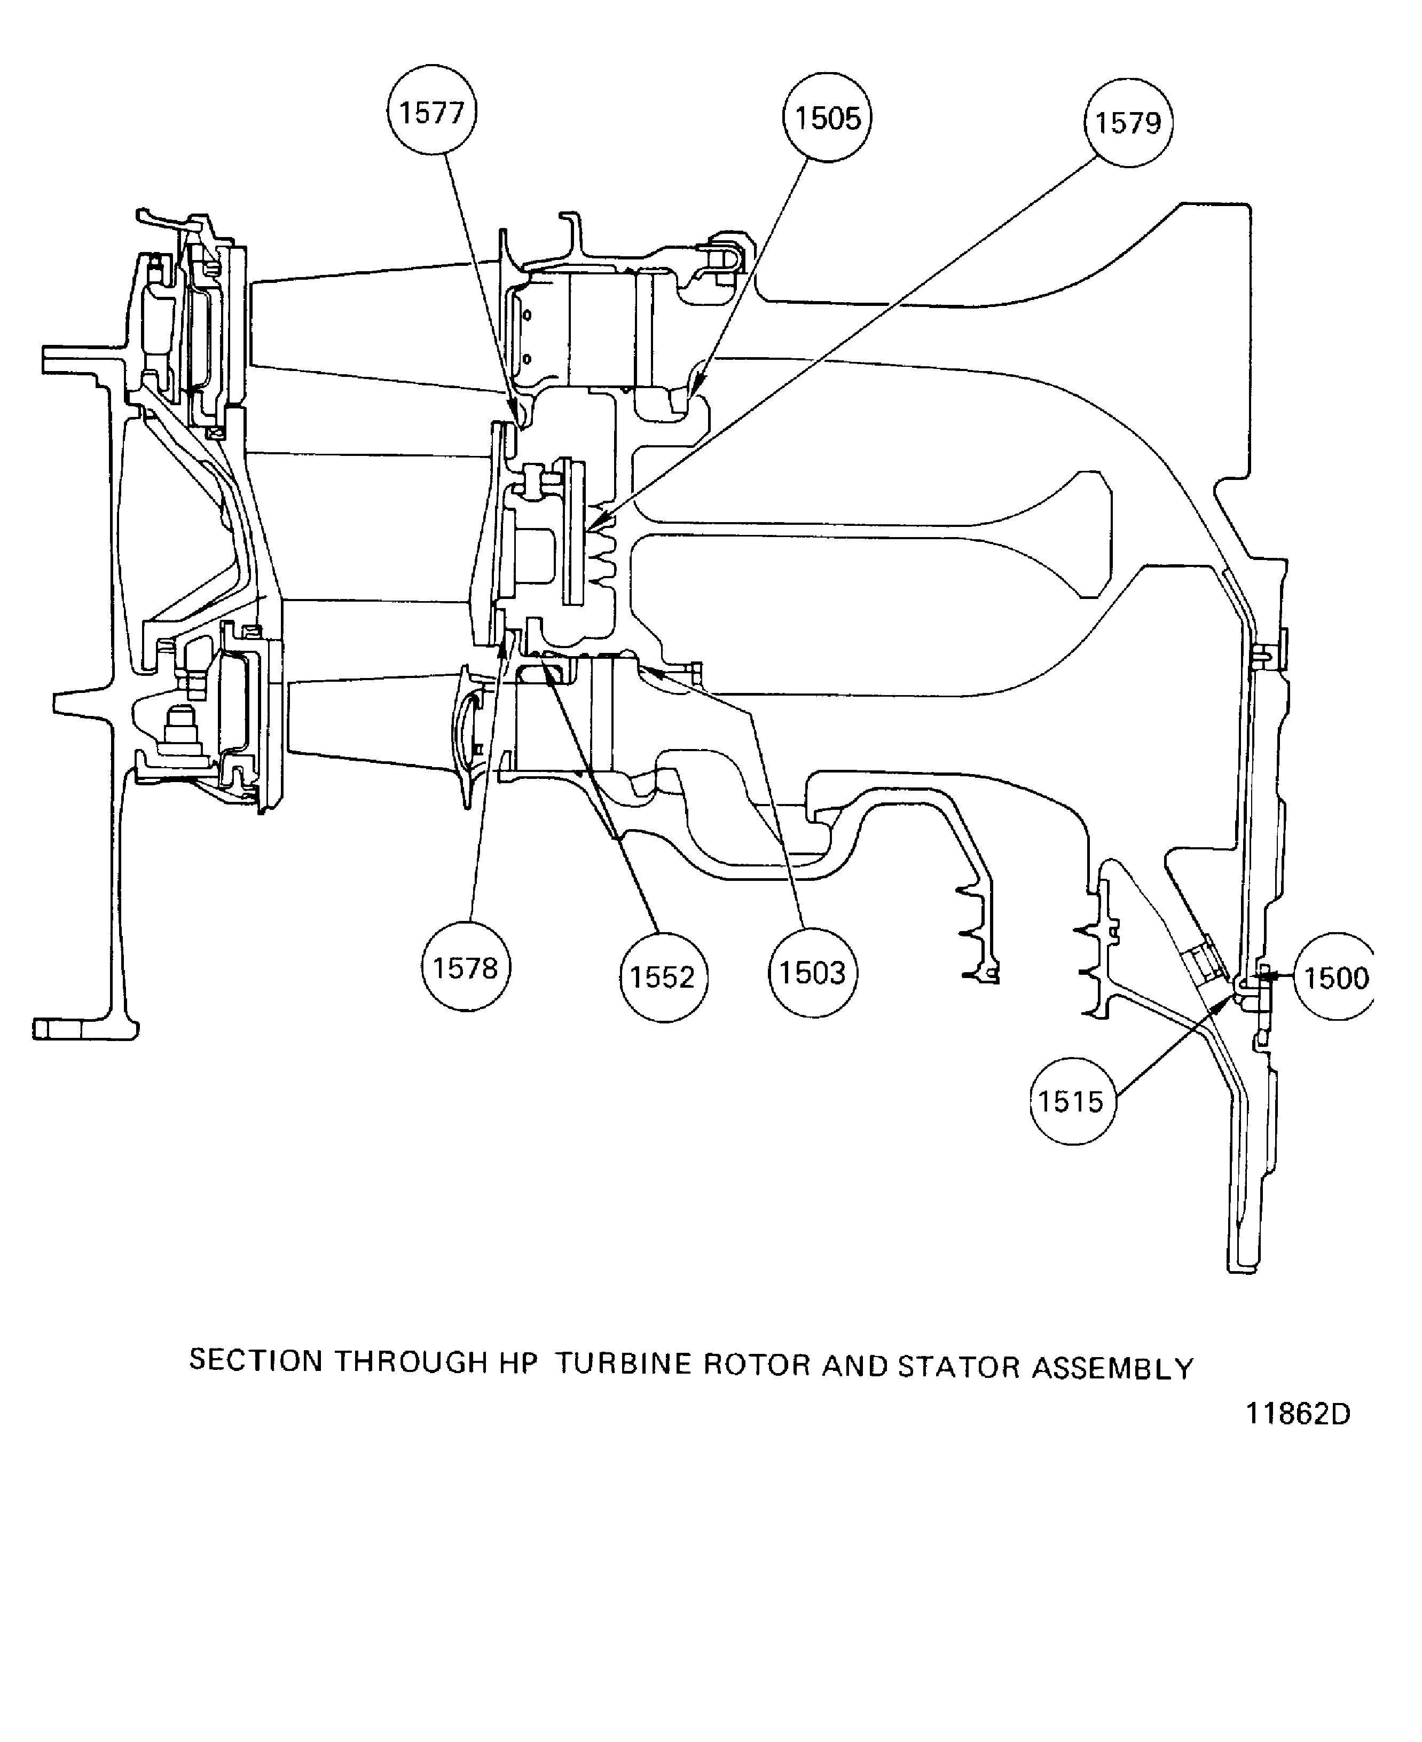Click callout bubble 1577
431,111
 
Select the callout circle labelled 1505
827,117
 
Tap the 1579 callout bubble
1128,123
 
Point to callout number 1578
465,967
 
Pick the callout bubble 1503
813,972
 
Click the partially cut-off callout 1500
1333,976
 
